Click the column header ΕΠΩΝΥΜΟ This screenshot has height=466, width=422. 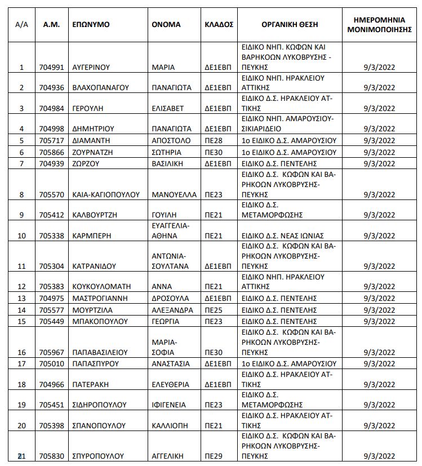pos(91,25)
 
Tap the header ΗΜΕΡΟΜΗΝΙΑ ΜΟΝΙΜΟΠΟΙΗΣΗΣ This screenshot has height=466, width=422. pos(379,25)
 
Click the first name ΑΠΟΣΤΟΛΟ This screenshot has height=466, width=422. pos(171,140)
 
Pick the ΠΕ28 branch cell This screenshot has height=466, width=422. pos(214,140)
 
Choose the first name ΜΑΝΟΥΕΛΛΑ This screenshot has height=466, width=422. pos(175,194)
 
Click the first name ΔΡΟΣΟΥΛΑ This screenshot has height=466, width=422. pos(171,298)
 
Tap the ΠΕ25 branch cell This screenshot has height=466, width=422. pos(214,310)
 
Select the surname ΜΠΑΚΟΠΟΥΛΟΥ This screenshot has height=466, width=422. pos(99,321)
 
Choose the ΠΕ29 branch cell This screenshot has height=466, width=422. pos(214,455)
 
